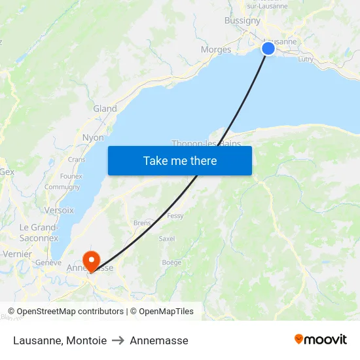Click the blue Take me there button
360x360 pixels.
[x=180, y=160]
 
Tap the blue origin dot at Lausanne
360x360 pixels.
[x=268, y=48]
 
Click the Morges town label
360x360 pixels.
[x=216, y=50]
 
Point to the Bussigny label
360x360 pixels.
[x=242, y=20]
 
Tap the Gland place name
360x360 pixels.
[x=105, y=109]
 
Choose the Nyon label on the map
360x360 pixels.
[x=93, y=138]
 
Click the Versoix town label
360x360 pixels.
[x=59, y=210]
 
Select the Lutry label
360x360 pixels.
[x=306, y=59]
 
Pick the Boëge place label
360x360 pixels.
[x=171, y=262]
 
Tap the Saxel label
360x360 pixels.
[x=167, y=239]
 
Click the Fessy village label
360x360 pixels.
[x=175, y=215]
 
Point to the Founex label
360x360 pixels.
[x=71, y=176]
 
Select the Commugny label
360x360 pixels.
[x=62, y=187]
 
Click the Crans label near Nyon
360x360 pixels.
[x=77, y=159]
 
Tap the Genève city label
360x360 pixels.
[x=48, y=262]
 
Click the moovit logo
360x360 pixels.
[x=321, y=339]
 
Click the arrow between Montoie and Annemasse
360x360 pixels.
[x=118, y=340]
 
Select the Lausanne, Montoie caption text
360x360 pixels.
[x=60, y=340]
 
